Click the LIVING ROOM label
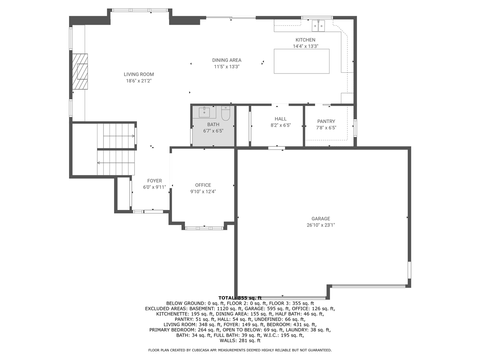tap(139, 74)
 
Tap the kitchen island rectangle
tap(301, 61)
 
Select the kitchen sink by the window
tap(318, 26)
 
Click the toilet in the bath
tap(225, 112)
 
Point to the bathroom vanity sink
tap(204, 112)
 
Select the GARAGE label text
tap(321, 219)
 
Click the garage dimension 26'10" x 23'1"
tap(321, 225)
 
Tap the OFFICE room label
tap(203, 185)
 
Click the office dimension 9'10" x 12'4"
tap(203, 191)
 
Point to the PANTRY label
tap(326, 121)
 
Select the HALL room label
tap(280, 119)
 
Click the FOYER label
tap(154, 181)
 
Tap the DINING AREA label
tap(226, 60)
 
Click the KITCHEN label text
tap(305, 40)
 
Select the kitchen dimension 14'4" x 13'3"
tap(305, 46)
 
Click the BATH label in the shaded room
tap(213, 124)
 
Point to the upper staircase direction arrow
tap(118, 136)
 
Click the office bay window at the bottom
tap(204, 228)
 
